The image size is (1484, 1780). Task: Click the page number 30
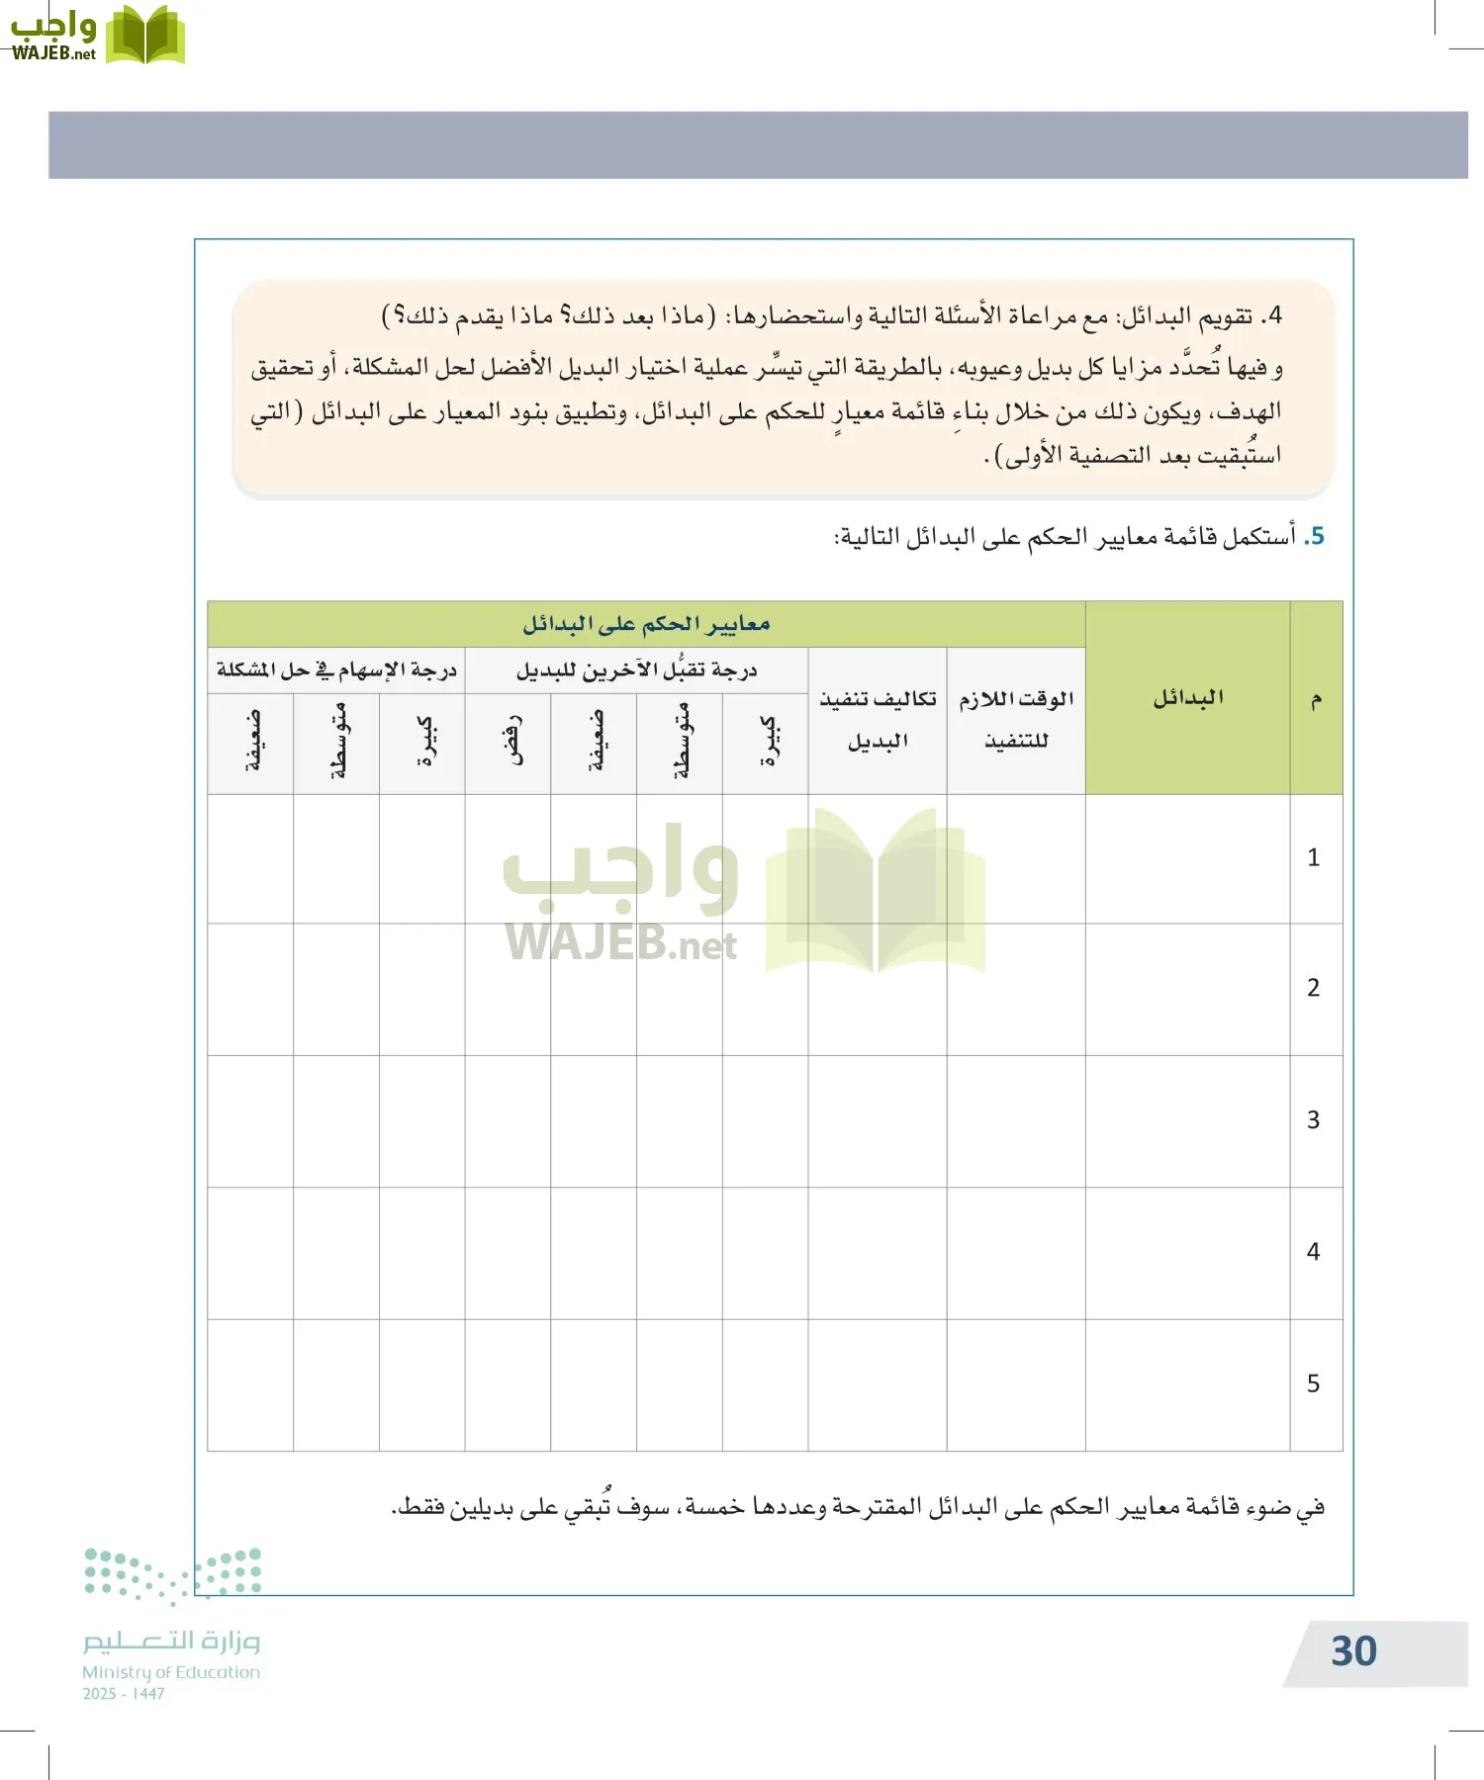click(1353, 1651)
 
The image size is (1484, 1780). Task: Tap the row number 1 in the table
click(1314, 857)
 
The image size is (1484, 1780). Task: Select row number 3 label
click(1314, 1119)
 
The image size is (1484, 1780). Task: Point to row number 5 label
click(1314, 1383)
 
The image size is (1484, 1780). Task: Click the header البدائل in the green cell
click(1187, 698)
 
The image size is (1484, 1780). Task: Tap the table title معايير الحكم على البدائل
click(646, 624)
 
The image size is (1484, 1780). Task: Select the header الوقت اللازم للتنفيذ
click(1016, 720)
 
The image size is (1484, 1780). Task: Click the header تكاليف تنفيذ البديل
click(878, 720)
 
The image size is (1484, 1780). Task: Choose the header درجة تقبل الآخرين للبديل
click(636, 670)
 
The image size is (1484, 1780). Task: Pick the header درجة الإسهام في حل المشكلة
click(336, 670)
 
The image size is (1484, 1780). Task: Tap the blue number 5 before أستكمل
click(1315, 536)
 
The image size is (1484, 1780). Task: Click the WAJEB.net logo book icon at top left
click(144, 36)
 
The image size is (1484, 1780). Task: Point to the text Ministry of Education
click(171, 1672)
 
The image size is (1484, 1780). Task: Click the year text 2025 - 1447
click(124, 1694)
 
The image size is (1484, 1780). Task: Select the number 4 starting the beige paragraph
click(1274, 316)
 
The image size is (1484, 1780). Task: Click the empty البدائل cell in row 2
click(1187, 989)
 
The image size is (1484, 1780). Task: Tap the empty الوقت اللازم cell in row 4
click(1016, 1253)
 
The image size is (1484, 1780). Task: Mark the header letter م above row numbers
click(1316, 700)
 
